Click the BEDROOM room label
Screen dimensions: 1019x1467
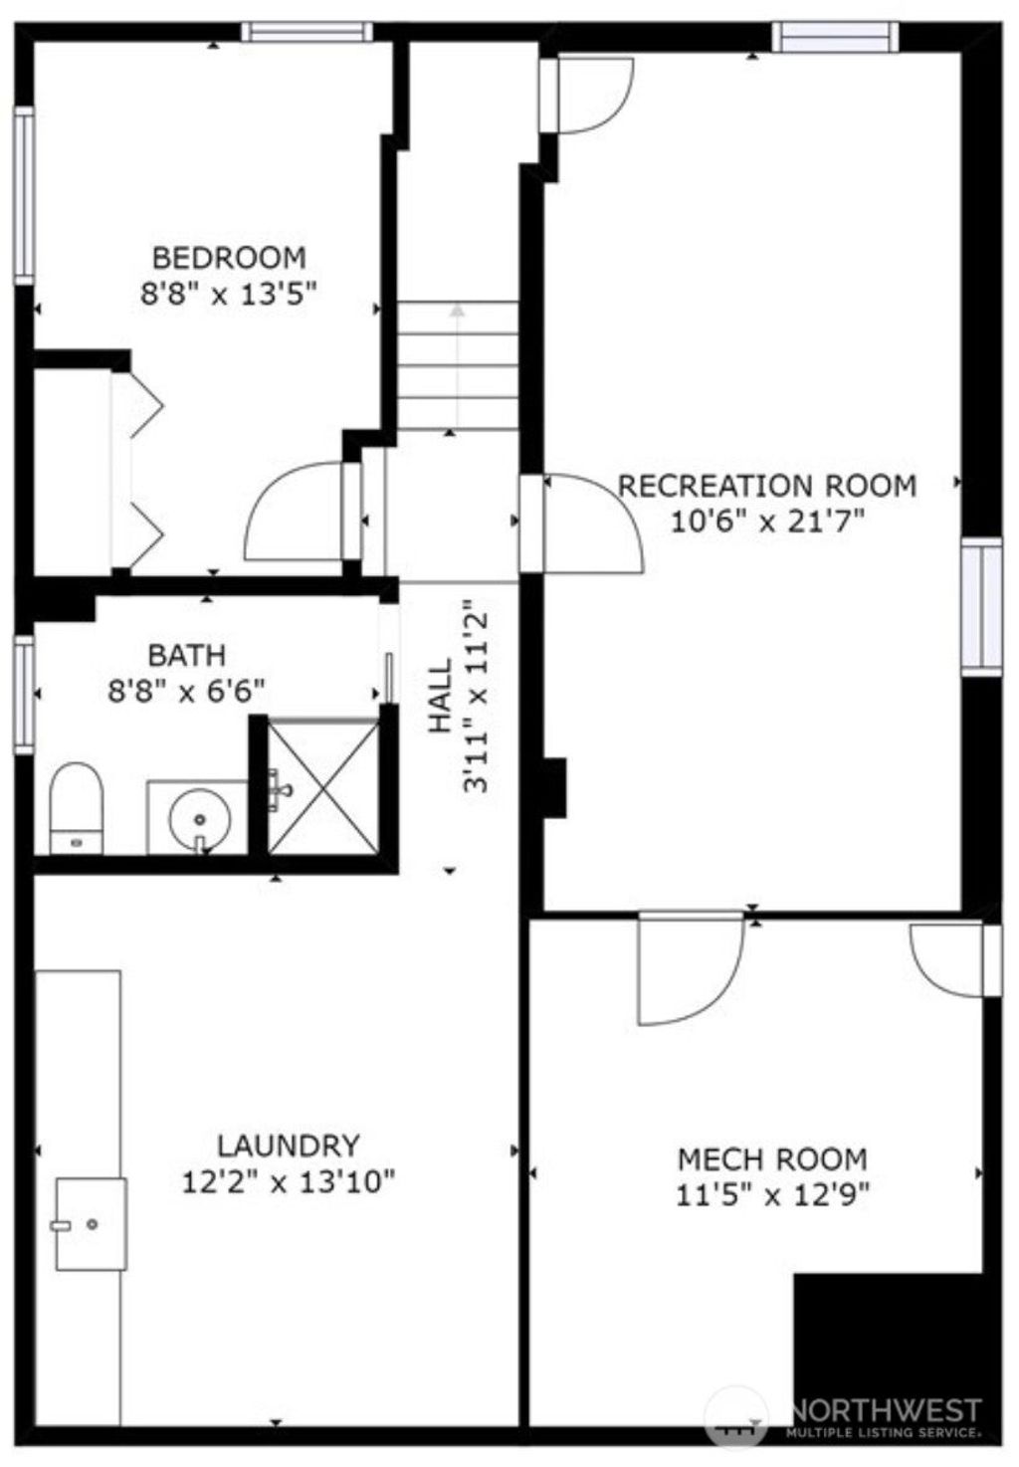(229, 258)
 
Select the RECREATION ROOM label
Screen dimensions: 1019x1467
(767, 486)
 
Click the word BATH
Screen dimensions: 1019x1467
(187, 655)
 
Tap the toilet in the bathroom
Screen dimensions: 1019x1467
(77, 808)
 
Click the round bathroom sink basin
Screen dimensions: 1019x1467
(200, 819)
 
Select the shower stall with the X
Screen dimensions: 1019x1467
(323, 786)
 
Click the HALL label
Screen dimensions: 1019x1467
(441, 695)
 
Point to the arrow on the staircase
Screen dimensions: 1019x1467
(457, 365)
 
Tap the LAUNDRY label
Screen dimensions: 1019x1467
(289, 1146)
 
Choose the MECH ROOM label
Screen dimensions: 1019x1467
(772, 1159)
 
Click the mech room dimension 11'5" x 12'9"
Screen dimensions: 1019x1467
(772, 1196)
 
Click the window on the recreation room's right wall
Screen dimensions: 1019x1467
(981, 606)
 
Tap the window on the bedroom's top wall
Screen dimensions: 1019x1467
(306, 32)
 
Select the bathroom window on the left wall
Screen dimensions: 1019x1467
(24, 695)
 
